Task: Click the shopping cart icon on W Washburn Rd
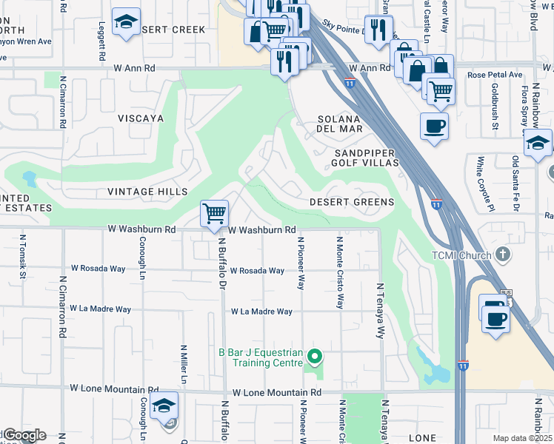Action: [x=214, y=214]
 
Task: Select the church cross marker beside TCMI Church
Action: [x=503, y=256]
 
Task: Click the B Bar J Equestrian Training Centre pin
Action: [x=315, y=357]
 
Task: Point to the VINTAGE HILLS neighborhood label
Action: [x=147, y=192]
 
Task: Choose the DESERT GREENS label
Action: [x=351, y=202]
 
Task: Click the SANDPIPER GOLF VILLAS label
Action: [x=362, y=157]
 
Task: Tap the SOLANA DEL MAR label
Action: [x=340, y=124]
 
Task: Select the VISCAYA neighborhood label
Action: [x=140, y=118]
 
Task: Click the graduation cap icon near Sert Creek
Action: [x=127, y=22]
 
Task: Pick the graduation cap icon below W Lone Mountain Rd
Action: [x=164, y=406]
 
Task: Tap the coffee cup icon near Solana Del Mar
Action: [x=434, y=125]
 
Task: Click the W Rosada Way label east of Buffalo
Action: [x=257, y=271]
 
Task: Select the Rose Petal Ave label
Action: [x=495, y=75]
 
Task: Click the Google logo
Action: [x=24, y=435]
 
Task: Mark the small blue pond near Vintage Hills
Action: [x=30, y=178]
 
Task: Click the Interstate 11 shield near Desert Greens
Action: [x=437, y=203]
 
